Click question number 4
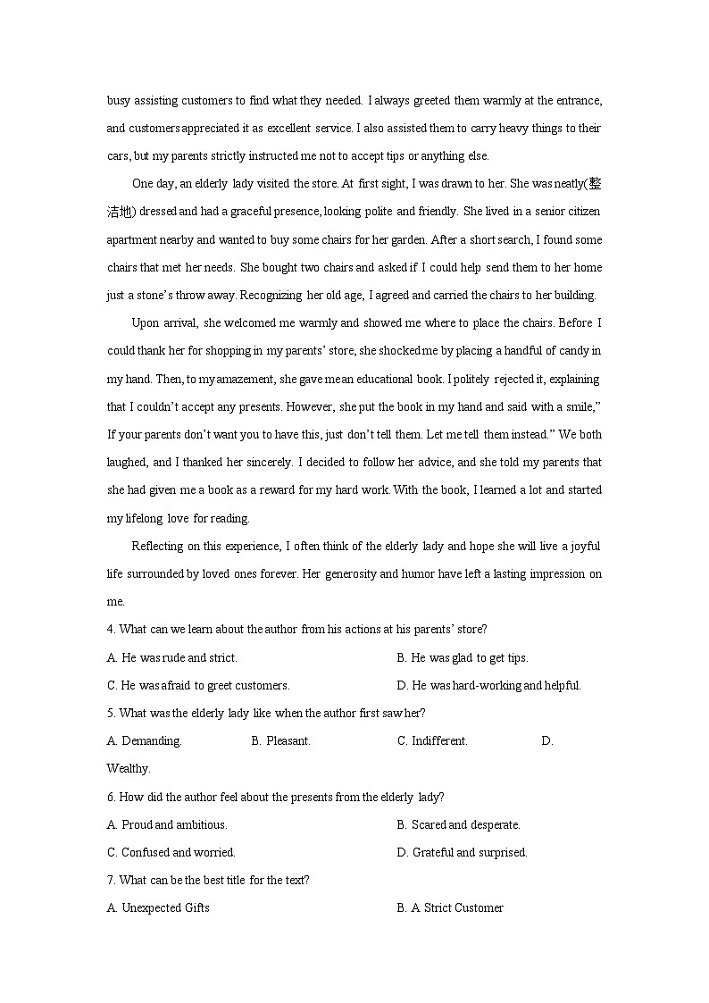pos(110,629)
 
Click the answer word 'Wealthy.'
pos(129,768)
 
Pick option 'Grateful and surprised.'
pos(470,852)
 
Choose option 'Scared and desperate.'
pos(465,824)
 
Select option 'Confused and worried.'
pos(178,852)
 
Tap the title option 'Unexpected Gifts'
pos(165,907)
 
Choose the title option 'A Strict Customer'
pos(456,907)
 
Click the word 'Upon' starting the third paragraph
pos(145,322)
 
